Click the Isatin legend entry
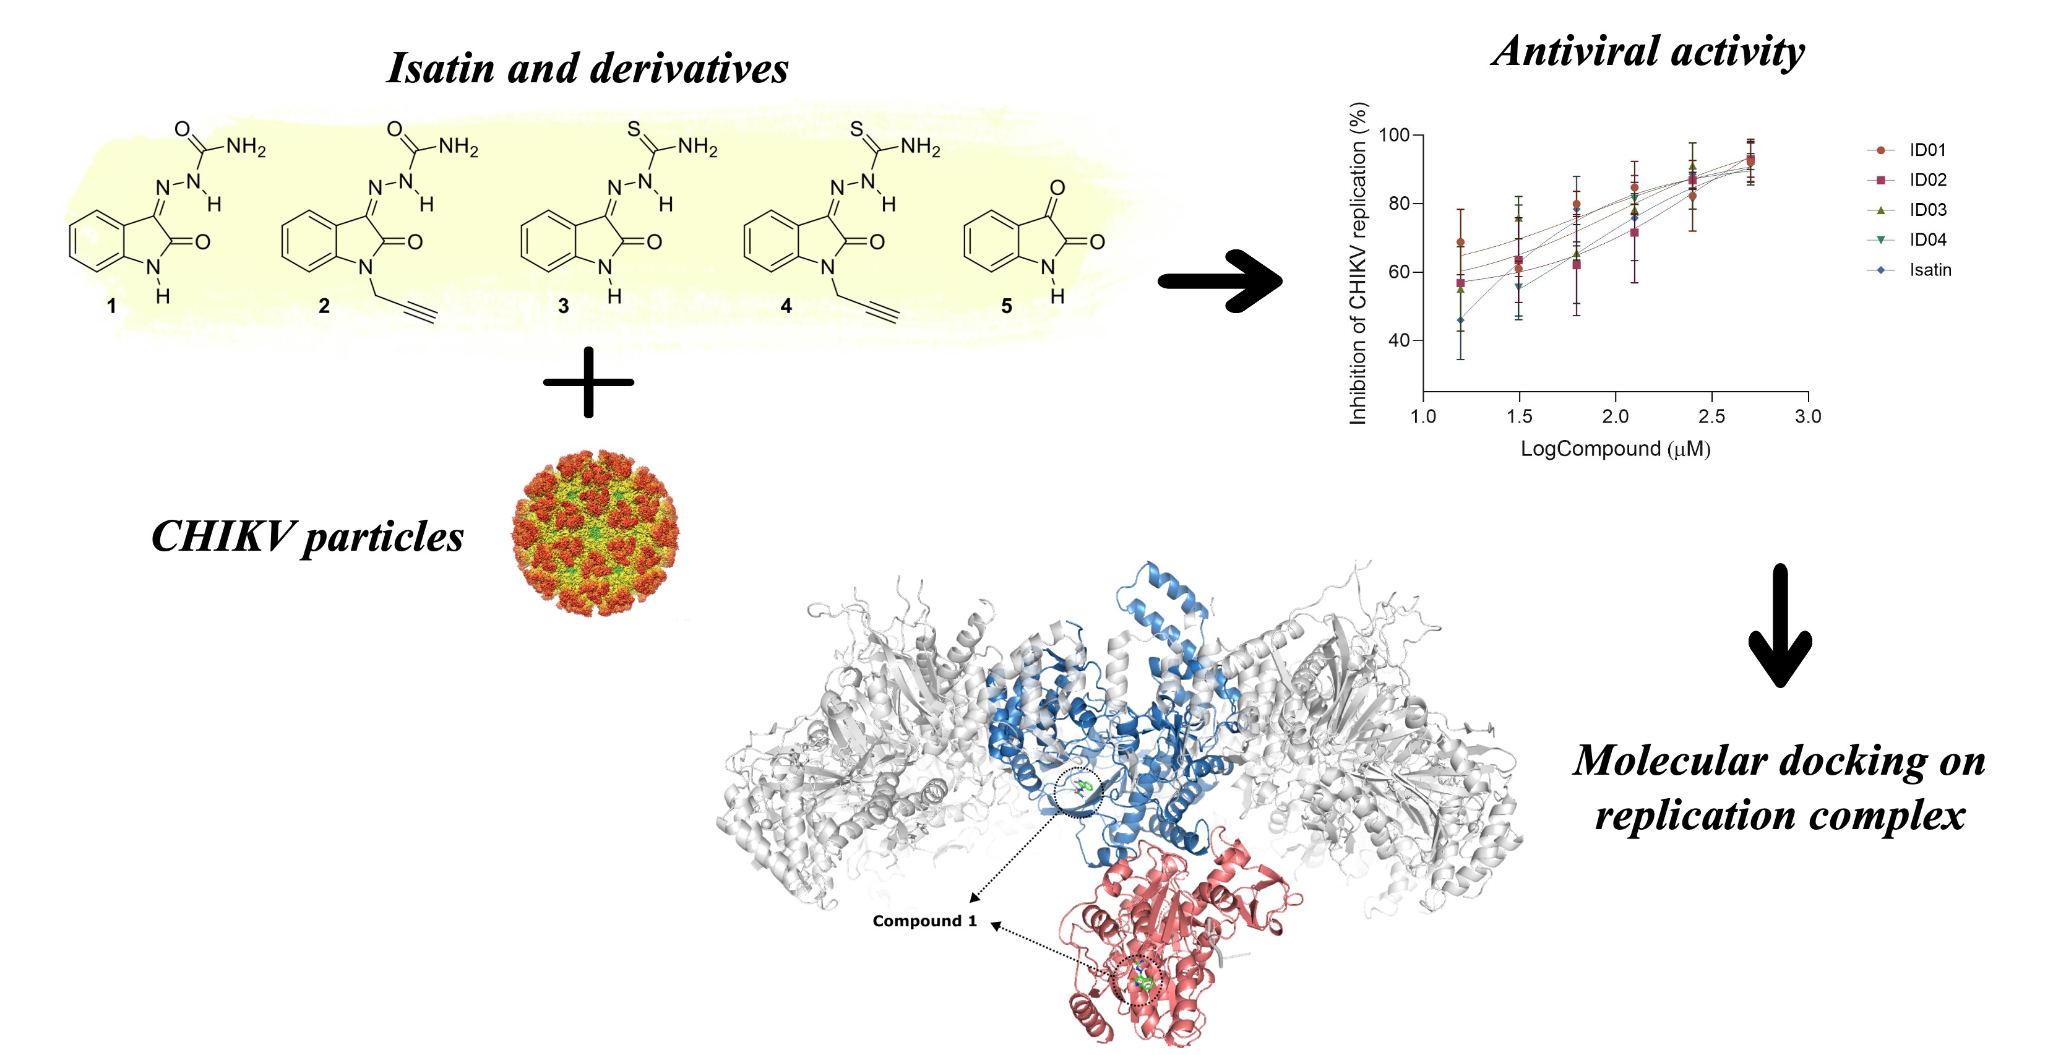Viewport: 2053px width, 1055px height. click(x=1929, y=270)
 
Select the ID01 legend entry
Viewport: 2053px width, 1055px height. click(x=1926, y=150)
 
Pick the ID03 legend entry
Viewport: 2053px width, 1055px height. click(x=1926, y=210)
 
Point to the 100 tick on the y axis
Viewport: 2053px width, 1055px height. click(x=1394, y=135)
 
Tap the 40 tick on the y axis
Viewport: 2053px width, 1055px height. click(x=1399, y=340)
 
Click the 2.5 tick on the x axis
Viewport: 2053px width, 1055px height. click(x=1711, y=416)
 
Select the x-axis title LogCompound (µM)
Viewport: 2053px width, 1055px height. click(x=1615, y=449)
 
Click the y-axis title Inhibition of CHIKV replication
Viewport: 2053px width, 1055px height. click(x=1358, y=263)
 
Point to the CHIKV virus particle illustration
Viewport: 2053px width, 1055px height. click(x=595, y=532)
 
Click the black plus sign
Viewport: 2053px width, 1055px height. click(x=588, y=382)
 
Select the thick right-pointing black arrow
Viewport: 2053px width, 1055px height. click(x=1220, y=280)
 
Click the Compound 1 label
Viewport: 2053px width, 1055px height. click(x=924, y=921)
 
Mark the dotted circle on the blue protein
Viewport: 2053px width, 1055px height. click(x=1077, y=792)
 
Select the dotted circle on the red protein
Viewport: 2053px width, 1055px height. click(x=1137, y=980)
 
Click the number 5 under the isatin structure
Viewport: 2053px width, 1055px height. click(x=1006, y=306)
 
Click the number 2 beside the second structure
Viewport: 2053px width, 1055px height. click(x=324, y=306)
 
